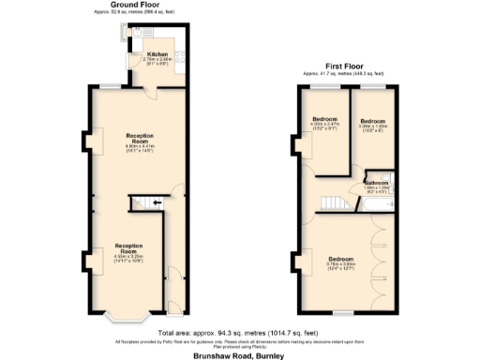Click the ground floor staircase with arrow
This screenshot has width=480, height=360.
(145, 202)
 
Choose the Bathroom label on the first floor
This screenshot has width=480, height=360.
(377, 184)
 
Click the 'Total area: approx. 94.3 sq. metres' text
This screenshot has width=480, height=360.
(239, 332)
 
